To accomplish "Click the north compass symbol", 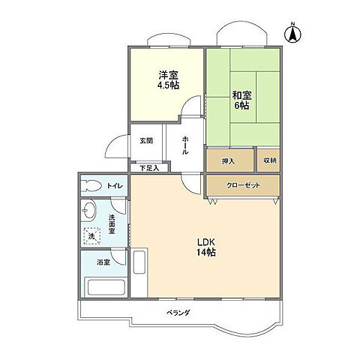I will tap(293, 34).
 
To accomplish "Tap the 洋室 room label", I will tap(166, 74).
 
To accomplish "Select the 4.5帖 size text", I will tap(166, 85).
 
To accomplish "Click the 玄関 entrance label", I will tap(145, 140).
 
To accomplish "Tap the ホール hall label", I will tap(184, 144).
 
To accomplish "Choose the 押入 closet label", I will tap(229, 160).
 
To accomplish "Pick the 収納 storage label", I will tap(269, 160).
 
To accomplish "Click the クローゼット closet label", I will tap(242, 184).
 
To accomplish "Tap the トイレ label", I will tap(115, 185).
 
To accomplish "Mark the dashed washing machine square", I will tap(91, 235).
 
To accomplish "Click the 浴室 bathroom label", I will tap(103, 262).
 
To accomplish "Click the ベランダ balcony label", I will tap(178, 312).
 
